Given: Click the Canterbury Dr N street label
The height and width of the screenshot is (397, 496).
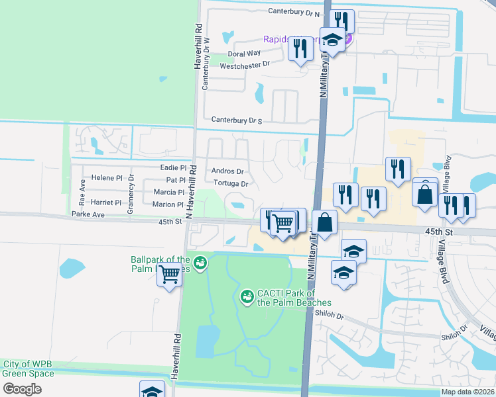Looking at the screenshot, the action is (x=294, y=12).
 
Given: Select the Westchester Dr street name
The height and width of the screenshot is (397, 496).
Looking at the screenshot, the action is (x=245, y=65).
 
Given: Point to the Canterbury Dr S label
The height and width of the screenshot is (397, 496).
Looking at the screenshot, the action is (x=237, y=120).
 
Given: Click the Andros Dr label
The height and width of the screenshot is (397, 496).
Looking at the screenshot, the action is (x=228, y=171).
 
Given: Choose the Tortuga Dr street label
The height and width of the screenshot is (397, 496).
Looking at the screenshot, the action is (x=231, y=183).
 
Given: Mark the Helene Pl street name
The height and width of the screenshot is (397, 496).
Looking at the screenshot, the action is (x=107, y=178).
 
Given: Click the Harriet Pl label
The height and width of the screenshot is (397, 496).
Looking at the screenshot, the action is (x=107, y=202).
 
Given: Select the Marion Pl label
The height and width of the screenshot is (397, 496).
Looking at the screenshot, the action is (x=167, y=204).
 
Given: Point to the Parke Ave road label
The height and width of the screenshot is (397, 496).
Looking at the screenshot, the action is (x=89, y=215).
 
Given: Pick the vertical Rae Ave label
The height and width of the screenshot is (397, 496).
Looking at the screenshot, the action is (x=83, y=191).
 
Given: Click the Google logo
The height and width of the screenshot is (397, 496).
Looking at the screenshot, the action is (x=22, y=389).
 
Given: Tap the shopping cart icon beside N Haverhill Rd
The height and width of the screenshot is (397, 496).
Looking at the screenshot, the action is (x=170, y=273).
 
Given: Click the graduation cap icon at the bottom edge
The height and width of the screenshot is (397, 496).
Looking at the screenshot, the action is (x=153, y=390).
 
